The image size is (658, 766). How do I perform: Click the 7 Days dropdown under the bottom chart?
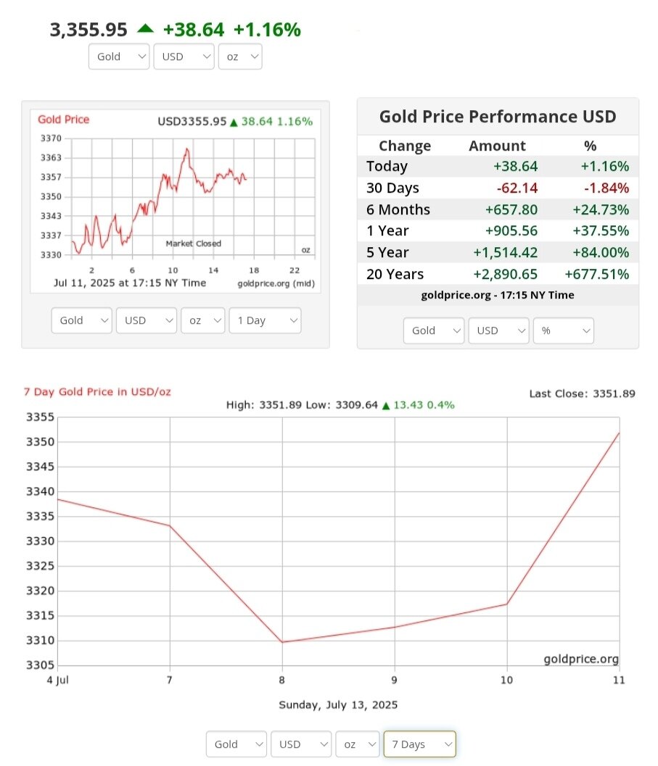(419, 744)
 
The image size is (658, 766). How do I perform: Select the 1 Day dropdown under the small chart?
(264, 320)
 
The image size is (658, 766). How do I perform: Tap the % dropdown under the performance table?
(563, 330)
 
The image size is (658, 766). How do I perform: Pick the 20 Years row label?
(395, 274)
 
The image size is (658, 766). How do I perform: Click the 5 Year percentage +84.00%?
(604, 252)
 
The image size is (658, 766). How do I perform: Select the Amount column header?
(498, 146)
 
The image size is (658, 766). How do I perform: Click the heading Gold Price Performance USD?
(498, 117)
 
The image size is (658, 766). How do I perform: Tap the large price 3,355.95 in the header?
(89, 30)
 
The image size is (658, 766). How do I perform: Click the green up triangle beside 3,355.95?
(145, 28)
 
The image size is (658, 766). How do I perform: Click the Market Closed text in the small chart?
(193, 243)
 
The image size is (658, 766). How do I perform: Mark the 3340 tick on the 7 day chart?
(41, 491)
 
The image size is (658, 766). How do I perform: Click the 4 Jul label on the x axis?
(57, 680)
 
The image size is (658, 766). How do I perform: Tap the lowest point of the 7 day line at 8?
(282, 642)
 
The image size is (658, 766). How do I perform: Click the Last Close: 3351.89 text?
(582, 394)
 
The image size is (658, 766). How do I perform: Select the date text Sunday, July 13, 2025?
(338, 704)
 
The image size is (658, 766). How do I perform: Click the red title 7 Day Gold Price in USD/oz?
(97, 392)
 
